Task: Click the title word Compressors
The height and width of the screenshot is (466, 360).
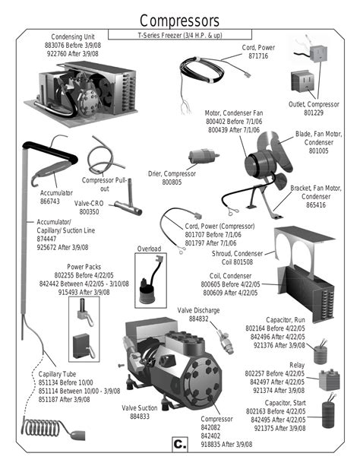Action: [179, 21]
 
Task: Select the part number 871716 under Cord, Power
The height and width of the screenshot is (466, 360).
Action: [258, 55]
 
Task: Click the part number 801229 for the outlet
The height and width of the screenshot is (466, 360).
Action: [314, 113]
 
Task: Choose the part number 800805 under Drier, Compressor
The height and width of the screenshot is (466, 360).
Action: [172, 182]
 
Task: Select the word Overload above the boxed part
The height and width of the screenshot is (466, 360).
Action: [149, 249]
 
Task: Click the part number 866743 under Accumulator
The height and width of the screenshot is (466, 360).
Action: [50, 201]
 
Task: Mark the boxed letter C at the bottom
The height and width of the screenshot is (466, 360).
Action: [180, 444]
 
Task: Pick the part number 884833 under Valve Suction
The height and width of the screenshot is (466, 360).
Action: [140, 417]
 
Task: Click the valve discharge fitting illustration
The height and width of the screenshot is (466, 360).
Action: [225, 341]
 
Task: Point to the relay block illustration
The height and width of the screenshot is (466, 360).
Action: [329, 380]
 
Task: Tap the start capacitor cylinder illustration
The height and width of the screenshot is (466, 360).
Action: [328, 411]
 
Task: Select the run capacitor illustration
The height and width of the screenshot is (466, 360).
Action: [321, 352]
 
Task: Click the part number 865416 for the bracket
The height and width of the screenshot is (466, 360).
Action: [316, 204]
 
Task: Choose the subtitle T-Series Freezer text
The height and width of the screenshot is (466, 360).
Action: [180, 35]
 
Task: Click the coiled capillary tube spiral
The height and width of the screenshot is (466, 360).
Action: [41, 427]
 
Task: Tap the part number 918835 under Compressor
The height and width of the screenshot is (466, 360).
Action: [211, 444]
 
